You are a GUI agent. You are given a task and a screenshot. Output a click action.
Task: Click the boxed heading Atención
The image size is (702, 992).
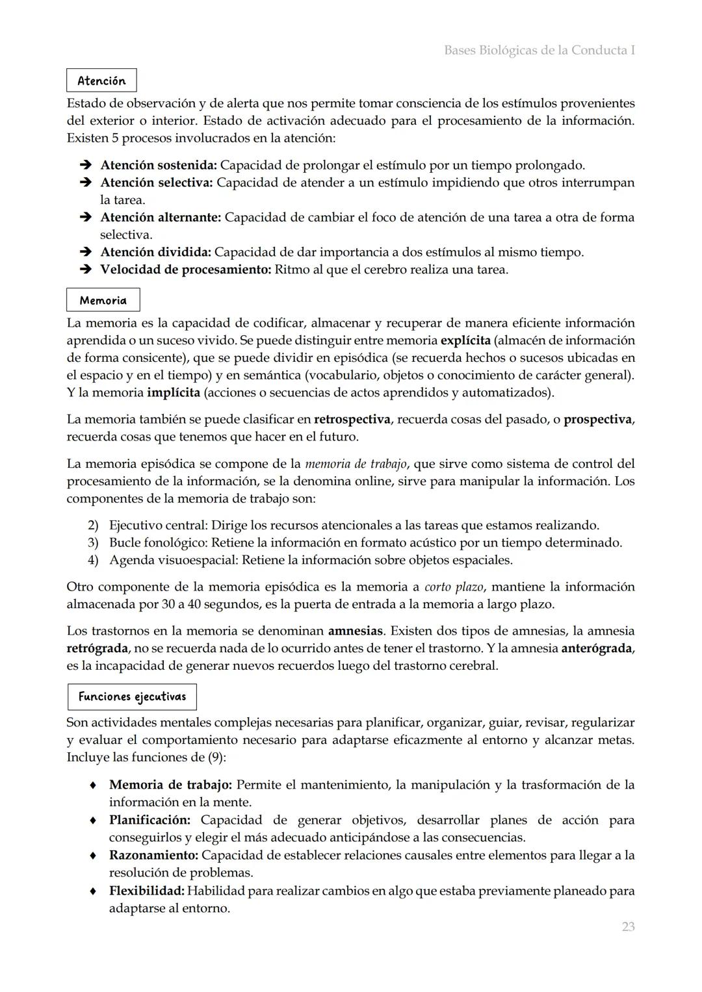coord(101,81)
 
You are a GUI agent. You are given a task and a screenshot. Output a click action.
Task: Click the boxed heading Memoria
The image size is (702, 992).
coord(103,300)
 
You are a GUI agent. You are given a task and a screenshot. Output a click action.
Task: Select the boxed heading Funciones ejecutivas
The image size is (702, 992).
coord(132,696)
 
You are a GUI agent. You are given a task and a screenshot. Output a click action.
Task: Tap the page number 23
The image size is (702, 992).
coord(628,926)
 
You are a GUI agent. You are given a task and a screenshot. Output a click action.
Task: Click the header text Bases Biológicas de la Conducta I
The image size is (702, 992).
coord(539,50)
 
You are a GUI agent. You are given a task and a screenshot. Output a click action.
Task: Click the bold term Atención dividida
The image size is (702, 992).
coord(155,252)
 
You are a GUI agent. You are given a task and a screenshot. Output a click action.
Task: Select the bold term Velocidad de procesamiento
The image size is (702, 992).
coord(185,269)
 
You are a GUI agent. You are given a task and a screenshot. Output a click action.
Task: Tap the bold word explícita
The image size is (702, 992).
coord(465,340)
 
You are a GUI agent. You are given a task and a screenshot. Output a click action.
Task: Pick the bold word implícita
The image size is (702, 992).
coord(174,392)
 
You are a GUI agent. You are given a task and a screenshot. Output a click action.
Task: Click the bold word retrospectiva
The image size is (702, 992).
coord(352,419)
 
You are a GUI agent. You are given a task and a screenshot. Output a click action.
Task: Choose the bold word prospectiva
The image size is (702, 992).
coord(597,419)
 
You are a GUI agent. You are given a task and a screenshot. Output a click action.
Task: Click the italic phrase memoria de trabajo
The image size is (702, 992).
coord(356,464)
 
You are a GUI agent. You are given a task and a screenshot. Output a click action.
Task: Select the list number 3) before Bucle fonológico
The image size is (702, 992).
coord(93,542)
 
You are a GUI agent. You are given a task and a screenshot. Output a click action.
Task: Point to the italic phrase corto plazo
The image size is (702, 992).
coord(454,587)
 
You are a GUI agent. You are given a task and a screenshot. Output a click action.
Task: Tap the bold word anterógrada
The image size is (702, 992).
coord(596,648)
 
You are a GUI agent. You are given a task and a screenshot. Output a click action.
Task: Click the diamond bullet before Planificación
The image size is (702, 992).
coord(94,820)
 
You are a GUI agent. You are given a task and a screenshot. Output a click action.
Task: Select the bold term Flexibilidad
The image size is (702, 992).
coord(147,891)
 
